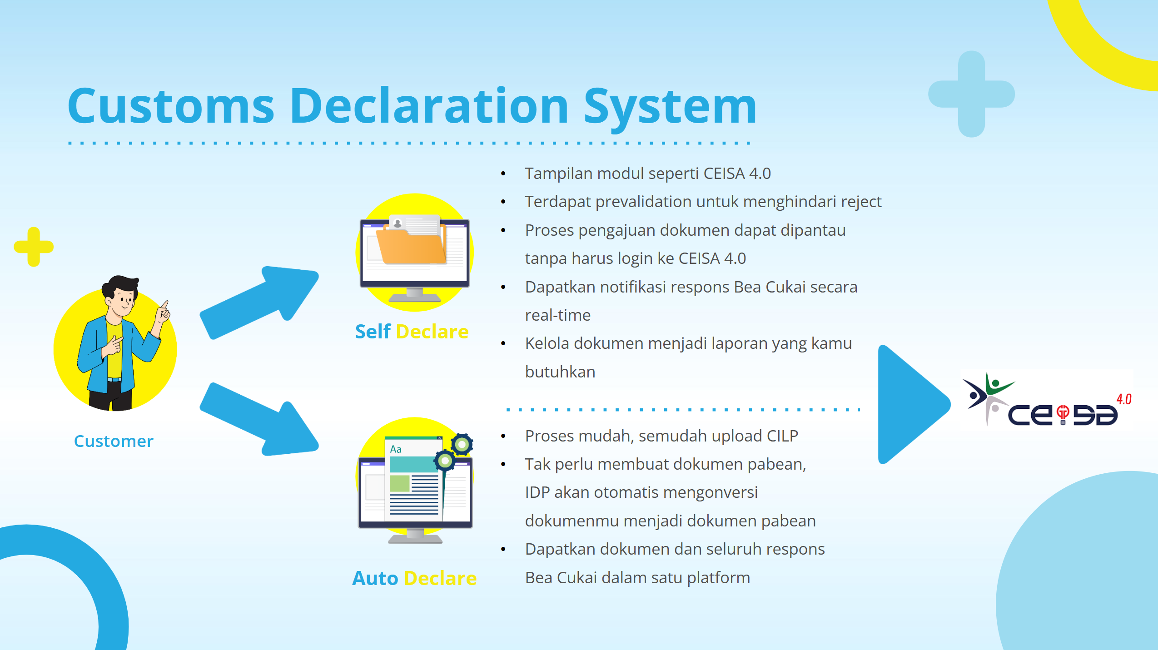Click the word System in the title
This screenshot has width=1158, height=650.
coord(670,107)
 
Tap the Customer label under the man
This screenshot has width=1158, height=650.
coord(114,441)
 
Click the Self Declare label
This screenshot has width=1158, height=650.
coord(412,332)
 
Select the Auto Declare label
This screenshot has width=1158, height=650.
coord(414,578)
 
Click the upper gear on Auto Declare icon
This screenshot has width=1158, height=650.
coord(462,444)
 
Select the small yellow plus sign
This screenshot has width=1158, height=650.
coord(34,247)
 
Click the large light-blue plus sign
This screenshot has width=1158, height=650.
coord(971,94)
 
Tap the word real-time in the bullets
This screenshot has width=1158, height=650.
coord(558,315)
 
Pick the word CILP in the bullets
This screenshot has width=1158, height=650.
coord(782,436)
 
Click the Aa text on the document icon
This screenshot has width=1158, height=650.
coord(396,449)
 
